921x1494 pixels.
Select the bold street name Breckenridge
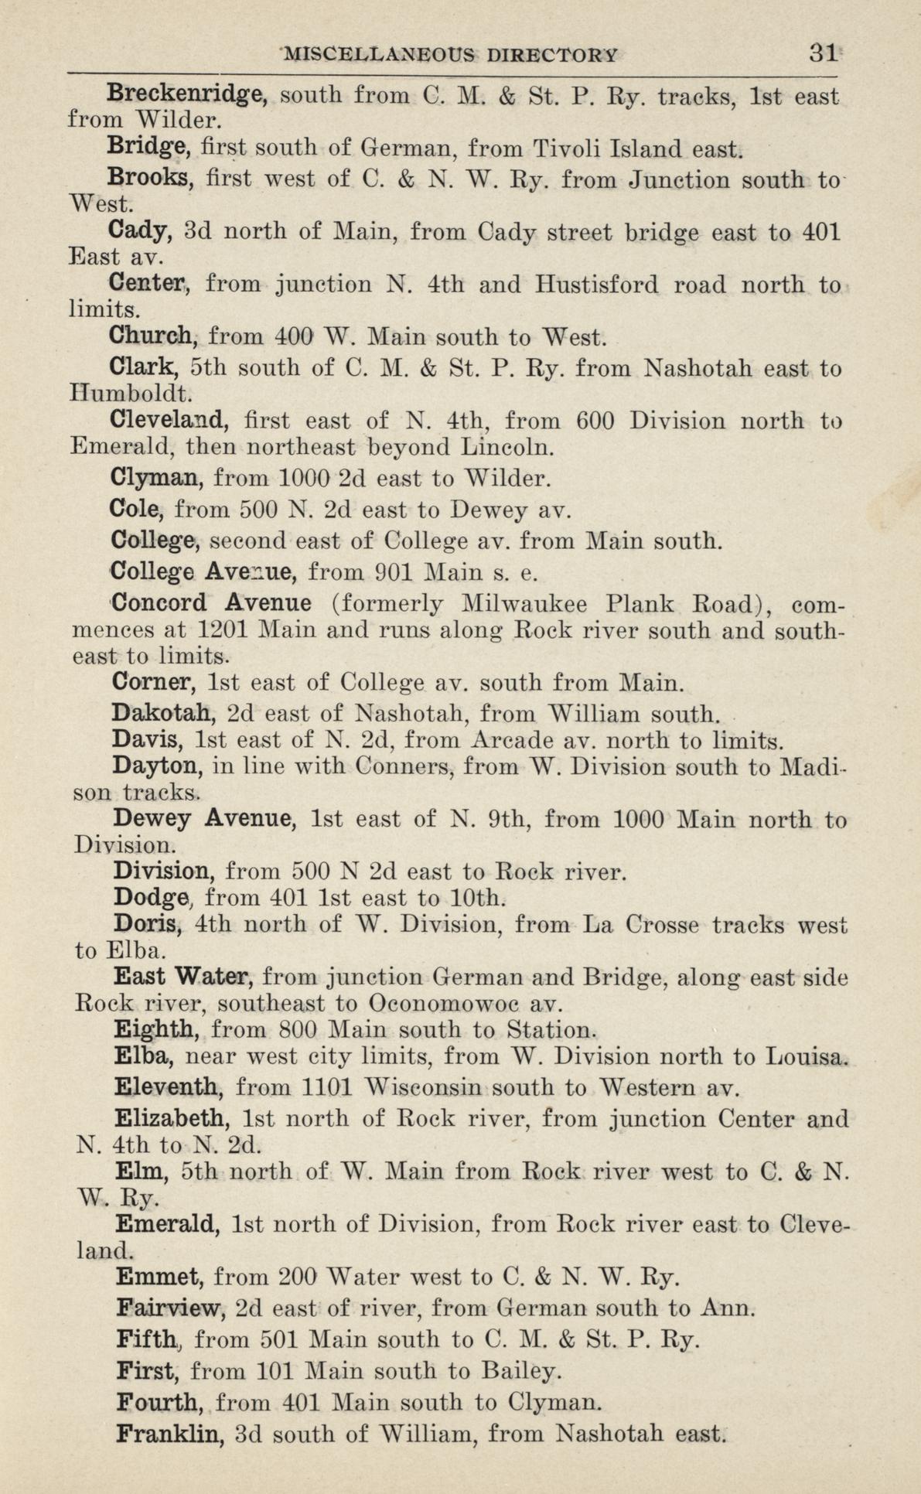pyautogui.click(x=186, y=95)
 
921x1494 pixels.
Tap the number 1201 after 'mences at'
pyautogui.click(x=222, y=629)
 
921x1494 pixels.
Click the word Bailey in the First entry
pyautogui.click(x=517, y=1371)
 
